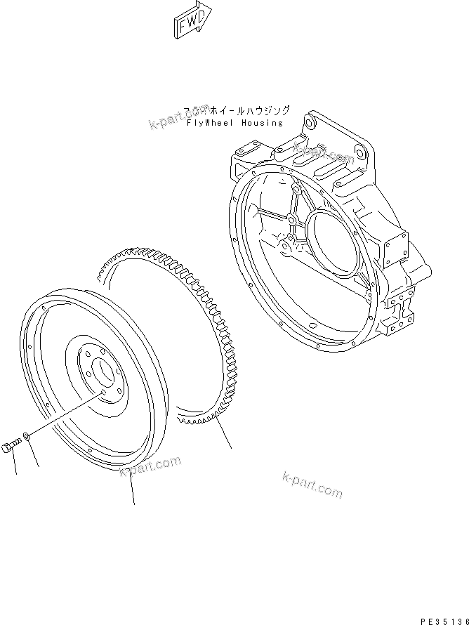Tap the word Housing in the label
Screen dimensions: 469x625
pos(263,123)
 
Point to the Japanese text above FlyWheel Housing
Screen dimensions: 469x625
pos(236,110)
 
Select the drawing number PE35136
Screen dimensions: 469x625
pos(444,621)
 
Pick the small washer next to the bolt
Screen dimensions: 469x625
pos(26,438)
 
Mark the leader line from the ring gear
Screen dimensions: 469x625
pos(223,435)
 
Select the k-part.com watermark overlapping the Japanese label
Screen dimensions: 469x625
pos(179,117)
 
